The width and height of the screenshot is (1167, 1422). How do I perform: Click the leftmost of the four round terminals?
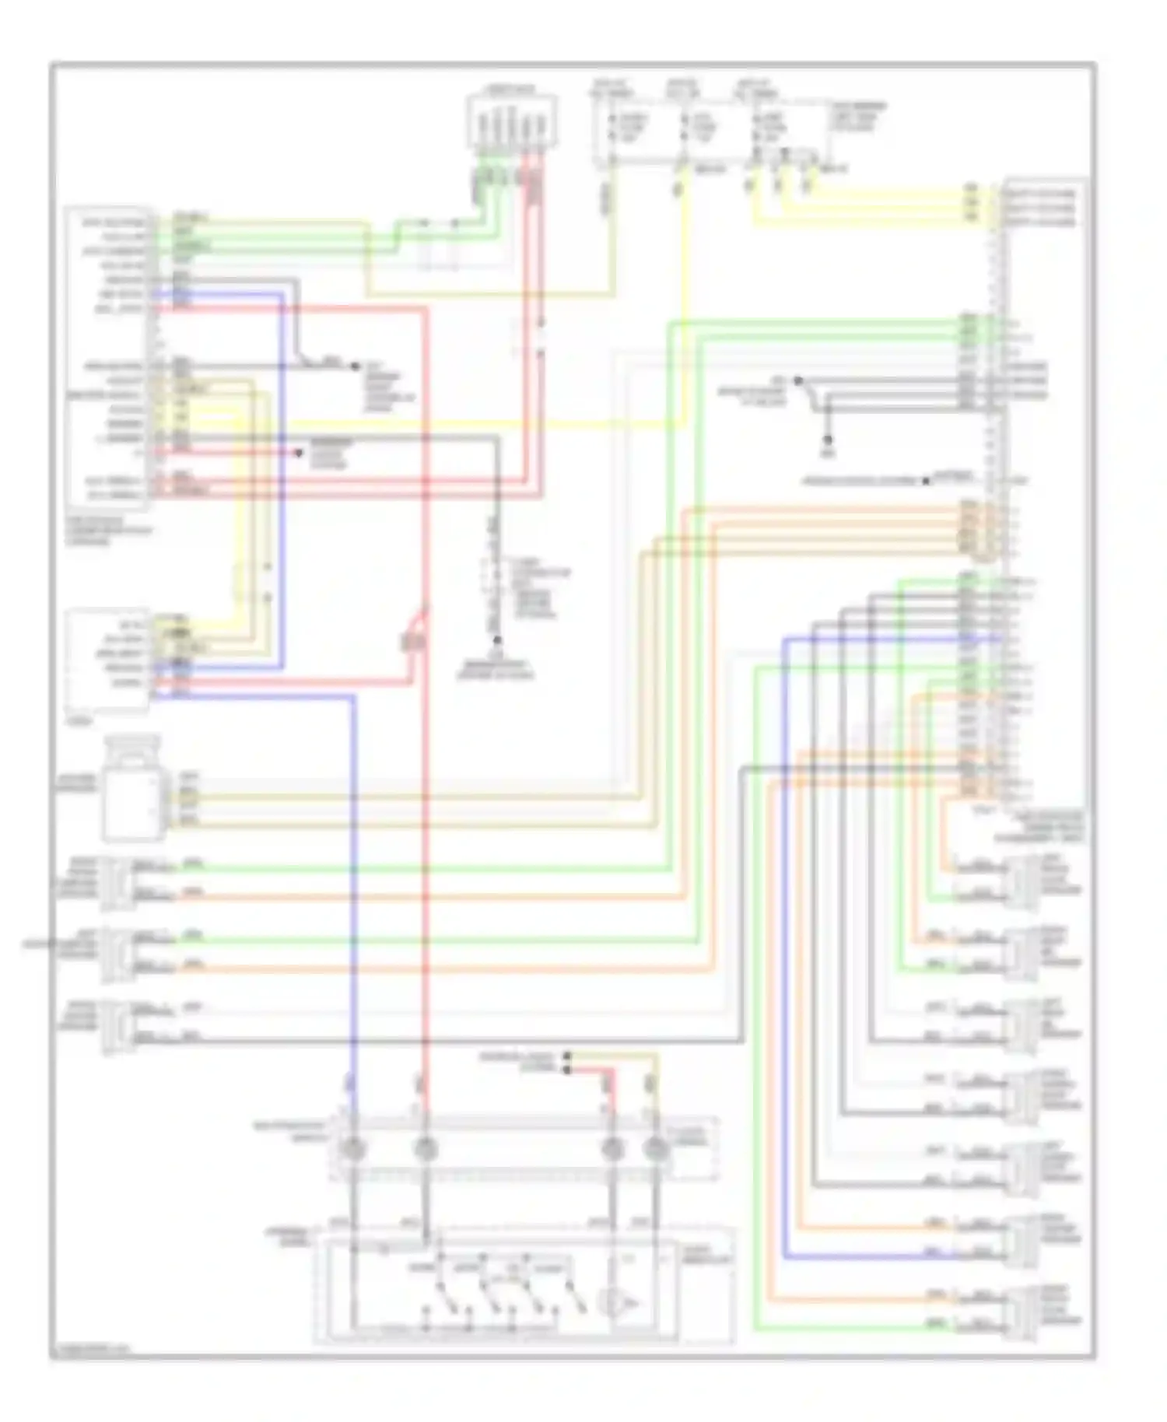(353, 1148)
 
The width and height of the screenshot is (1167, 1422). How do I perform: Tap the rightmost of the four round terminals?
(656, 1148)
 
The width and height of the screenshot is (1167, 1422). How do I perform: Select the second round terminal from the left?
(425, 1148)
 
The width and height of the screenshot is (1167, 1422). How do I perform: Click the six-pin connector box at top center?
(512, 122)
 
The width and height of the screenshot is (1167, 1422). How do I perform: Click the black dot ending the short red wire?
(299, 453)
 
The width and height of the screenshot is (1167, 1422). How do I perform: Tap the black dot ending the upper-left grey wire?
(356, 366)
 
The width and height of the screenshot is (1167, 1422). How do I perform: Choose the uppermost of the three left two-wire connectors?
(117, 882)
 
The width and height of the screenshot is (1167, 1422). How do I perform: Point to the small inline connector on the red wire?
(412, 641)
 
